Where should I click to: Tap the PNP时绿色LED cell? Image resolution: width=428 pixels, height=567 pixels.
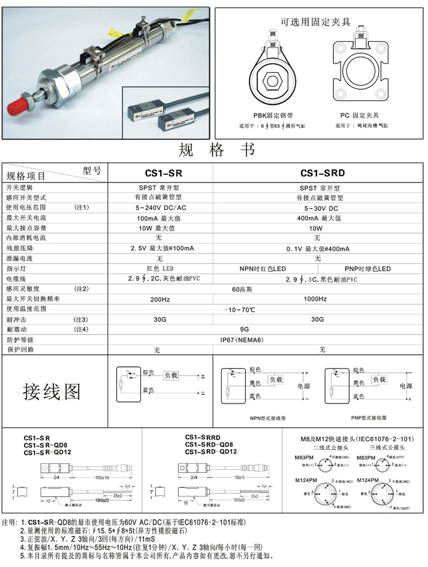pyautogui.click(x=368, y=269)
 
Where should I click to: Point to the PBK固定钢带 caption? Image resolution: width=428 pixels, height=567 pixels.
pyautogui.click(x=273, y=116)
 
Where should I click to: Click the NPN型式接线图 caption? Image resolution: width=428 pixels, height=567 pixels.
pyautogui.click(x=268, y=418)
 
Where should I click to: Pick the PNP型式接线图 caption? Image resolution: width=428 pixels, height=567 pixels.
pyautogui.click(x=369, y=418)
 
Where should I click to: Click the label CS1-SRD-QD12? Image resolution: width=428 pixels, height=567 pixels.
pyautogui.click(x=211, y=451)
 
